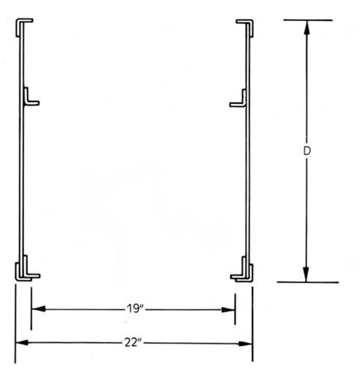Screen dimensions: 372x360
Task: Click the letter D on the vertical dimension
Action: tap(306, 151)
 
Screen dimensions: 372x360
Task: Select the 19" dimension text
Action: tap(133, 309)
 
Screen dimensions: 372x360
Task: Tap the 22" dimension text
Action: tap(133, 343)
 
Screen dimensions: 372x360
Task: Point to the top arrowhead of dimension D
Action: tap(306, 27)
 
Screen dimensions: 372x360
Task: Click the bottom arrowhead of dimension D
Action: tap(306, 275)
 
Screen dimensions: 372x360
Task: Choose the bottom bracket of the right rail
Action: tap(243, 273)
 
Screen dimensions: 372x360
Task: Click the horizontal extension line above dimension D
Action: tap(308, 20)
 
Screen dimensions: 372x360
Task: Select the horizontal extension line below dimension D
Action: tap(308, 282)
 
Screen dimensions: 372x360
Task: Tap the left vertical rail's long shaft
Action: tap(21, 170)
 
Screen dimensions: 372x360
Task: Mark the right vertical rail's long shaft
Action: tap(248, 170)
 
